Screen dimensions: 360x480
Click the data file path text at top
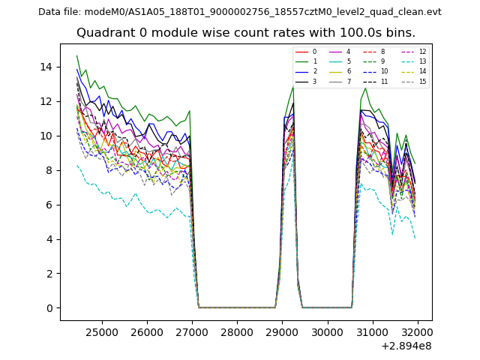pos(240,12)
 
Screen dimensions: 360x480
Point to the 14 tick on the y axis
pos(46,67)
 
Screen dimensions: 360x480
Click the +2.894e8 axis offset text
pos(405,346)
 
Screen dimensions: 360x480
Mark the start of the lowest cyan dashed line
pos(76,165)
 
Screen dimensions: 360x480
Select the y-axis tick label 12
pos(46,101)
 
